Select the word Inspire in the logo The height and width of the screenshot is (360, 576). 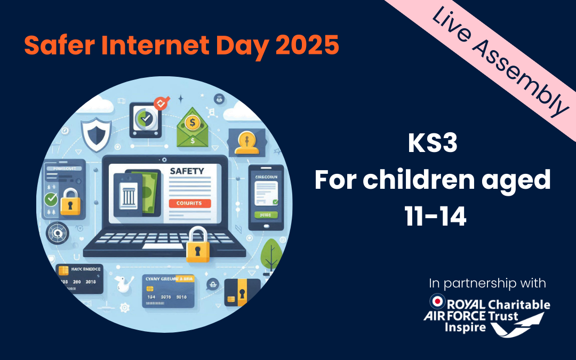click(x=465, y=327)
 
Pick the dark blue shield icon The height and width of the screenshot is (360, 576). click(x=95, y=134)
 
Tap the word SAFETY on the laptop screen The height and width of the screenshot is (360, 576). click(x=187, y=171)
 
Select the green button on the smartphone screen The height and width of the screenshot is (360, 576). click(x=262, y=215)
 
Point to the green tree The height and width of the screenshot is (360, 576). click(x=271, y=253)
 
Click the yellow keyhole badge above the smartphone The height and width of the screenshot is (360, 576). click(x=246, y=142)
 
